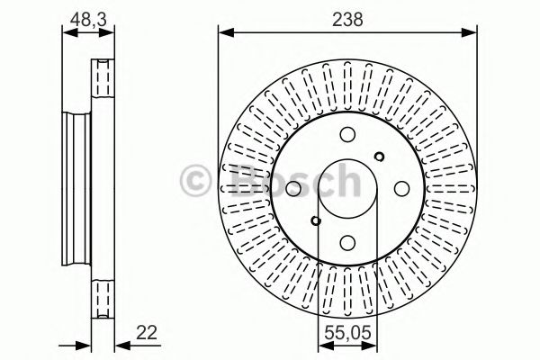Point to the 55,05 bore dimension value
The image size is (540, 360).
(347, 332)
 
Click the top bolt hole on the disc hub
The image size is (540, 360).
(348, 135)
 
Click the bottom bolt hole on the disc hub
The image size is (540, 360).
(348, 240)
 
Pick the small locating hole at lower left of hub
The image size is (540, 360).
(315, 220)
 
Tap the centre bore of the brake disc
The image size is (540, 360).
(347, 187)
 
